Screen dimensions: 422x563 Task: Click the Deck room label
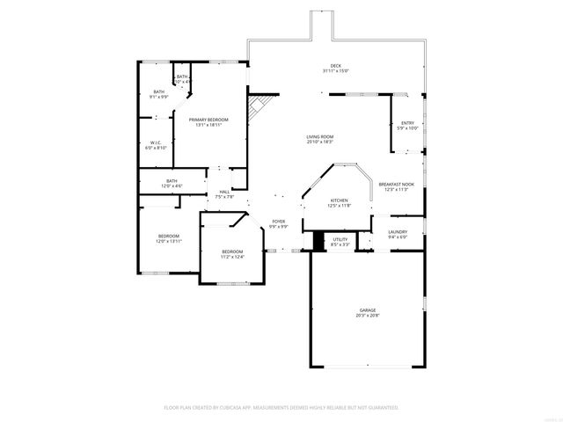click(335, 66)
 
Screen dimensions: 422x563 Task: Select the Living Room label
click(319, 136)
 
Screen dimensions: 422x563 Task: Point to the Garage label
click(367, 310)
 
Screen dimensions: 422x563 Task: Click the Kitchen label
click(340, 200)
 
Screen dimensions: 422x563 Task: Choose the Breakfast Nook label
click(396, 184)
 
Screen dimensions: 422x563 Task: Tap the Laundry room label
click(398, 232)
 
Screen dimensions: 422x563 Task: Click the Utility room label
click(340, 239)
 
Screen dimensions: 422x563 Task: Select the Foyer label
click(278, 222)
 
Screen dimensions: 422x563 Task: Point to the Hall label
click(224, 192)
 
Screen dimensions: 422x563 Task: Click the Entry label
click(407, 123)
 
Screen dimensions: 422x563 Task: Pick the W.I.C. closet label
click(155, 143)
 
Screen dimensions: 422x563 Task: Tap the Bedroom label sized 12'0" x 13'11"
click(169, 236)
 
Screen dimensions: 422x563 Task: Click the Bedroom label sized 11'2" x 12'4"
click(232, 251)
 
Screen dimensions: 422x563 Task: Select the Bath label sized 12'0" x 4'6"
click(172, 181)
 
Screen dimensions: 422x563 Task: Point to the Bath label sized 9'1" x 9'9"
click(158, 91)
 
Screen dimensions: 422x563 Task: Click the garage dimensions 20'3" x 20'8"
click(367, 316)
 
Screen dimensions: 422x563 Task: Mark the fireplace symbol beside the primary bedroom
click(256, 110)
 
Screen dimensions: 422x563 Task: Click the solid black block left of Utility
click(308, 242)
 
